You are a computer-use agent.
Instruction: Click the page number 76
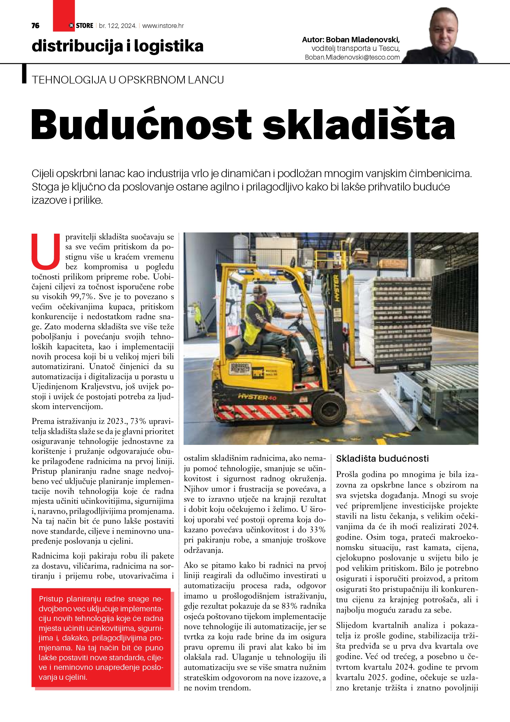coord(36,26)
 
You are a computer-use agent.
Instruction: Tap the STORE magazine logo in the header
coord(81,26)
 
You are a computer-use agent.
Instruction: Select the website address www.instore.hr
coord(163,26)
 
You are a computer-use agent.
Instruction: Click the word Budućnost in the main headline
coord(141,124)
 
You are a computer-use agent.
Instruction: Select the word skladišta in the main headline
coord(359,124)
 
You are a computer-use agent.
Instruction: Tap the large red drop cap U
coord(46,251)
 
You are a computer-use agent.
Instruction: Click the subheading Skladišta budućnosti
coord(382,458)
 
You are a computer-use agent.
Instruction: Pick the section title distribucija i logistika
coord(117,46)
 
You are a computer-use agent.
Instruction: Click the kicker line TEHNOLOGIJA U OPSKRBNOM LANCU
coord(128,80)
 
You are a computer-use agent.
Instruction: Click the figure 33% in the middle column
coord(317,530)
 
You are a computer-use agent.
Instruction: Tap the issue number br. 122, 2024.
coord(117,26)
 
